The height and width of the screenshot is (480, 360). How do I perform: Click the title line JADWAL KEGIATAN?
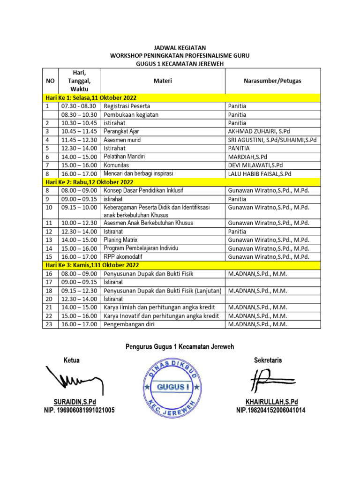(x=180, y=48)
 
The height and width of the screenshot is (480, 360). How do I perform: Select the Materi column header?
(x=163, y=81)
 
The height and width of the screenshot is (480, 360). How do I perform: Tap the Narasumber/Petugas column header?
(x=272, y=81)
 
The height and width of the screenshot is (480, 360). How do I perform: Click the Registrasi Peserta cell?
(x=127, y=106)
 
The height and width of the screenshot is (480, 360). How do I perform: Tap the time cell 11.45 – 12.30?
(x=79, y=140)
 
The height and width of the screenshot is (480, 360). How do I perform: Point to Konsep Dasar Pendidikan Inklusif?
(x=150, y=190)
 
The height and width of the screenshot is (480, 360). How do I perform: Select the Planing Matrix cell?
(x=120, y=240)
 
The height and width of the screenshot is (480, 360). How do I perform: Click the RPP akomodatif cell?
(x=123, y=257)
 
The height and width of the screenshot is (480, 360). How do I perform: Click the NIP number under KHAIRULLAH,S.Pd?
(x=271, y=411)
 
